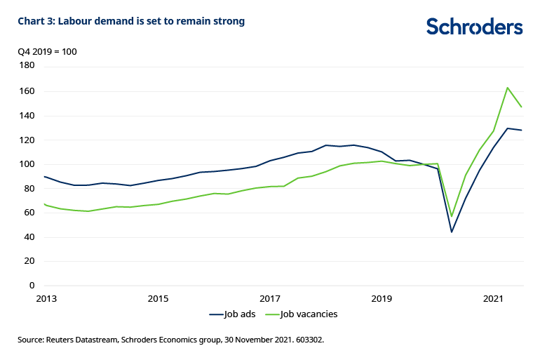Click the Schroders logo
coord(474,27)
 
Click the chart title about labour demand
coord(131,21)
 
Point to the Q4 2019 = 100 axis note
coord(47,52)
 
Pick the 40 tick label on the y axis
coord(29,237)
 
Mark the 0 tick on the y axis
coord(32,286)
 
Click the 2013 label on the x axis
coord(45,298)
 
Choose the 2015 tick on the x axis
coord(158,298)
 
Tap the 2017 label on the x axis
coord(270,298)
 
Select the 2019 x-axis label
coord(382,298)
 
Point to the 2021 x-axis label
coord(494,298)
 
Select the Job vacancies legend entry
coord(309,314)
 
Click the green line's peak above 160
coord(508,88)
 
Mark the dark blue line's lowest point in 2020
coord(452,232)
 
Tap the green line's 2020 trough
coord(452,216)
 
